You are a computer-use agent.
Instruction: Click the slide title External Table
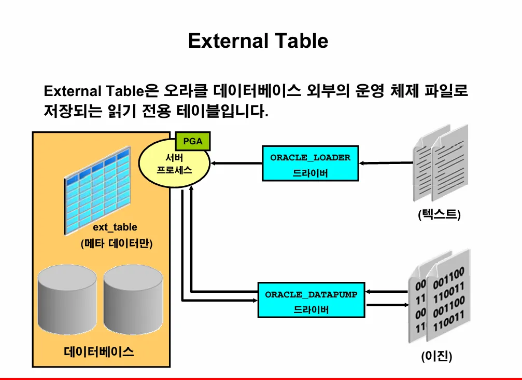point(258,40)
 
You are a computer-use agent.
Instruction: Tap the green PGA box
point(193,141)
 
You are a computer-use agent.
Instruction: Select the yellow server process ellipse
point(174,164)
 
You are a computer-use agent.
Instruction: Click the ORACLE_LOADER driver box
point(310,163)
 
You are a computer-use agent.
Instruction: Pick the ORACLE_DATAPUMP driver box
point(311,300)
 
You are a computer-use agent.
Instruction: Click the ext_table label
point(115,227)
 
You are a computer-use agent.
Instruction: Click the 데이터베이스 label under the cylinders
point(99,352)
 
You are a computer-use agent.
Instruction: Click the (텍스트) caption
point(439,214)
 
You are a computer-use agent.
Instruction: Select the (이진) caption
point(436,357)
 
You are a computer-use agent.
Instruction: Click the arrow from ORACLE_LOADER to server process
point(236,164)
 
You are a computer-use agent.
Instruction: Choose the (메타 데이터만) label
point(116,243)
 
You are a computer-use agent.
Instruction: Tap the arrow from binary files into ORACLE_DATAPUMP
point(386,292)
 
